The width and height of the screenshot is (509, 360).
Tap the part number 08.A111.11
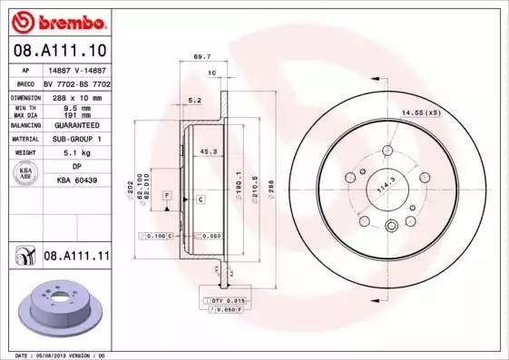pos(76,258)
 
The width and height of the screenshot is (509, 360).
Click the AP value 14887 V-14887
pos(75,69)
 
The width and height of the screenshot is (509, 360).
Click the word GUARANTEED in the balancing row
pos(75,126)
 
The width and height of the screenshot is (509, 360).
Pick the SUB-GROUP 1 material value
pos(75,140)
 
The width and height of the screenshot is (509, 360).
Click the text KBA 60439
pos(76,181)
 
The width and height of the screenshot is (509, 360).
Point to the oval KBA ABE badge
pos(26,174)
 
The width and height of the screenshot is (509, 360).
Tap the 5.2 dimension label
pos(193,101)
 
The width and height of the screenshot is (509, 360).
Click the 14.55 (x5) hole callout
pos(420,112)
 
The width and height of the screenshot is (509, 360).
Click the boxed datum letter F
pos(167,196)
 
